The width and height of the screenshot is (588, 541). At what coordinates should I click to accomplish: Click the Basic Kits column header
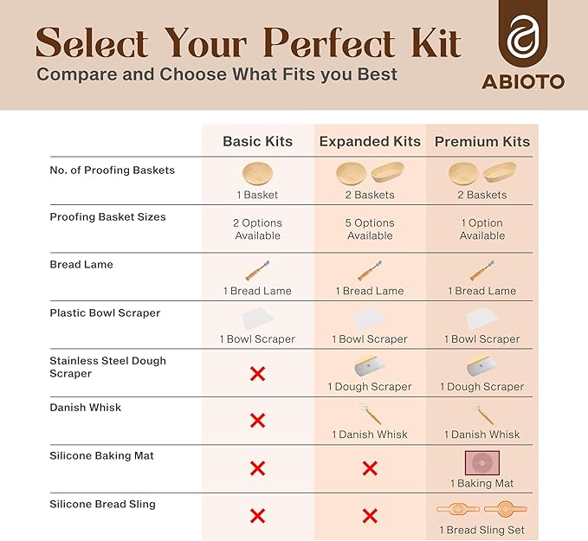[x=257, y=141]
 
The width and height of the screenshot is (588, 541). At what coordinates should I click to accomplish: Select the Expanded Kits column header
[x=370, y=141]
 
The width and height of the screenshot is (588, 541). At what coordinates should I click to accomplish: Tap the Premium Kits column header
[x=482, y=141]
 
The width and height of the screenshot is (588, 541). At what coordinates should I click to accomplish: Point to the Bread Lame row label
[x=81, y=264]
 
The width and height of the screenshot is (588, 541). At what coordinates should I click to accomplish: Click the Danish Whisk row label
[x=86, y=407]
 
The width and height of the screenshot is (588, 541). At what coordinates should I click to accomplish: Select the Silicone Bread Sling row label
[x=103, y=503]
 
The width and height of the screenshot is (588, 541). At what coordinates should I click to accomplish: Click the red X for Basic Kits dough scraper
[x=257, y=374]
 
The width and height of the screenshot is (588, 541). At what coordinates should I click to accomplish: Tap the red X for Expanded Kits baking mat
[x=370, y=468]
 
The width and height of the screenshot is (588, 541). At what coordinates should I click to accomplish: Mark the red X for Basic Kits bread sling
[x=257, y=516]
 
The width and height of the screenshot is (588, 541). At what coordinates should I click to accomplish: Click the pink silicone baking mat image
[x=482, y=462]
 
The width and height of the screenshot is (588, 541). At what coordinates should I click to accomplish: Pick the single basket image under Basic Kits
[x=257, y=172]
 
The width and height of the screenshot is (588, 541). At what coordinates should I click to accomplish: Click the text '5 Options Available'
[x=370, y=229]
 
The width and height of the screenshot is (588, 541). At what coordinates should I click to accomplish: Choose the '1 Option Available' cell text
[x=482, y=229]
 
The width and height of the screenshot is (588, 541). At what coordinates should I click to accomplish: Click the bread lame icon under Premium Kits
[x=482, y=270]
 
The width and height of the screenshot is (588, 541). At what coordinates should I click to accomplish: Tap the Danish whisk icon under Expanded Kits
[x=370, y=414]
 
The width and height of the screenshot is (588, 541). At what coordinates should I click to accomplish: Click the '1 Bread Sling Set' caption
[x=482, y=530]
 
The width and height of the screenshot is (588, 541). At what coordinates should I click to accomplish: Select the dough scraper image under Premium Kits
[x=482, y=365]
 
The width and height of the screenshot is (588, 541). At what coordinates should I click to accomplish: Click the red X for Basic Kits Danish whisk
[x=257, y=421]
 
